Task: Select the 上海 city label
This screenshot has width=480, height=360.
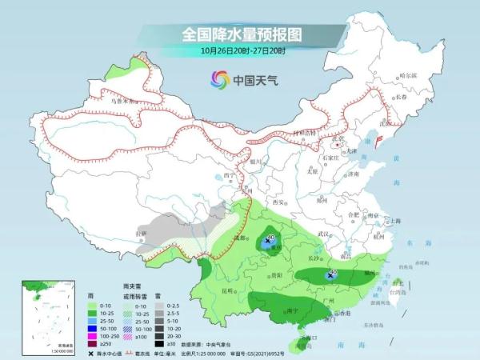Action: click(x=394, y=220)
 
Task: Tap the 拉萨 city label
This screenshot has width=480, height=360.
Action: click(x=142, y=233)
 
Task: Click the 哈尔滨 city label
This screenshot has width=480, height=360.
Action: click(x=408, y=74)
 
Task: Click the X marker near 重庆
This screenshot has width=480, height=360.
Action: click(x=267, y=239)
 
